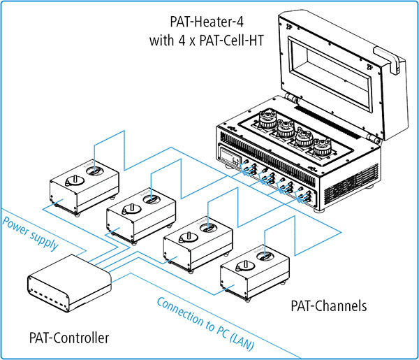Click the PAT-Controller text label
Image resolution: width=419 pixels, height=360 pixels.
69,338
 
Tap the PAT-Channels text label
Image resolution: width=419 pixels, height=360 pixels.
329,306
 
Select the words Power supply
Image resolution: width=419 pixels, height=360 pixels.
30,233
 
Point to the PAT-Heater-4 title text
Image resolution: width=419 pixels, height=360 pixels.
207,22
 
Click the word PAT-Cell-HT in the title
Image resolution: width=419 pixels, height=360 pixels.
232,41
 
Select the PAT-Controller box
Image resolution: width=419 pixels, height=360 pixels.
69,283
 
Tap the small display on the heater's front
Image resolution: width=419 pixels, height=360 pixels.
230,157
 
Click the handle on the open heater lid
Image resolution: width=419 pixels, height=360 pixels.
390,58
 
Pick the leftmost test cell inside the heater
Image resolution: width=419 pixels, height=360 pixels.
267,120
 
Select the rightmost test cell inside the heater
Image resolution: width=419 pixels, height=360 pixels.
322,147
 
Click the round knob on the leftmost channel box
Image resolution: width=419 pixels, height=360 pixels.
75,181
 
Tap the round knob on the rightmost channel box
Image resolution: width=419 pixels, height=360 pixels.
245,266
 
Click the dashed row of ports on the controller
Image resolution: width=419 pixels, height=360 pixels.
48,296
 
